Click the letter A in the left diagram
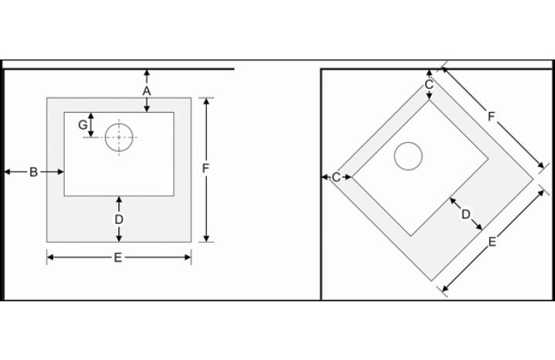click(x=147, y=91)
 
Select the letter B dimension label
click(x=33, y=172)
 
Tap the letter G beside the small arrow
click(x=83, y=124)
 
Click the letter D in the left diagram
click(x=119, y=219)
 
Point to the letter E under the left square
click(x=118, y=257)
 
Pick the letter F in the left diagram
click(x=205, y=168)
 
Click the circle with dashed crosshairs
click(x=119, y=138)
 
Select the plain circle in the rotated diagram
click(x=408, y=156)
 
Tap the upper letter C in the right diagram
click(x=429, y=85)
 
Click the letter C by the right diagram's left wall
click(x=337, y=177)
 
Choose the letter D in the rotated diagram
click(x=465, y=214)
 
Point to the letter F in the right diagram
click(x=491, y=116)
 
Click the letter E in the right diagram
click(x=492, y=242)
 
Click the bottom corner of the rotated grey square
click(x=431, y=281)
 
